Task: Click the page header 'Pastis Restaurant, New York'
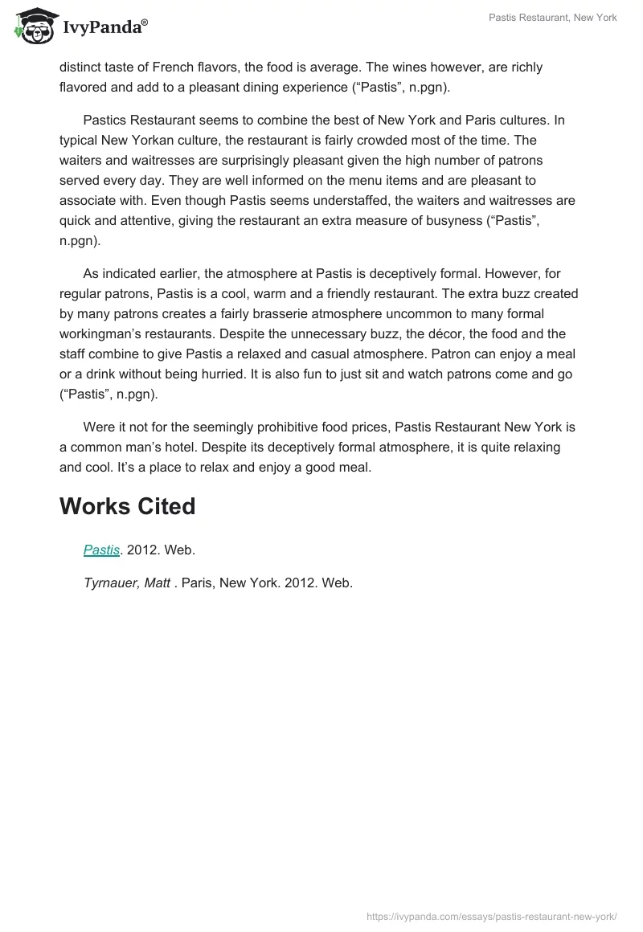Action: pos(552,18)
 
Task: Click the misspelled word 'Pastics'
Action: pos(107,121)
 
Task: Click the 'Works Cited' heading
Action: pos(128,506)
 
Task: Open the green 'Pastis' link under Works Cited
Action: pos(101,550)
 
